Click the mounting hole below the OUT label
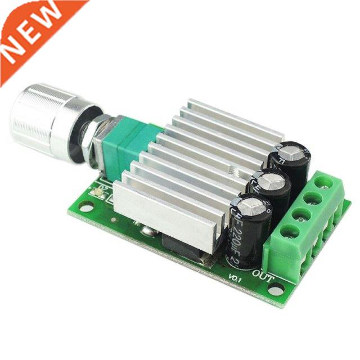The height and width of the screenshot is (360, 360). [276, 290]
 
